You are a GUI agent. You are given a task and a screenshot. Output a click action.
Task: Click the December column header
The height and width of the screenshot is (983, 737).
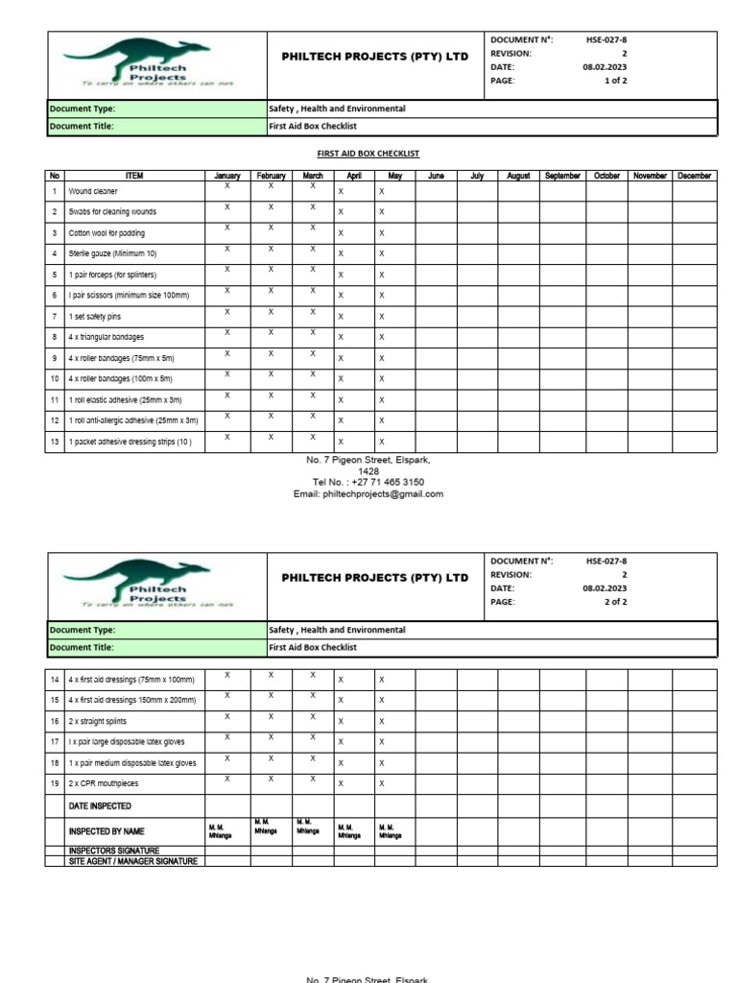[x=694, y=176]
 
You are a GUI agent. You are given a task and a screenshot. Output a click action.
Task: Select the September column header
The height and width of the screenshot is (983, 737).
[x=562, y=176]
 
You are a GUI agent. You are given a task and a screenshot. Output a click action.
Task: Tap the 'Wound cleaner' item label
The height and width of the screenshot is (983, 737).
[x=93, y=191]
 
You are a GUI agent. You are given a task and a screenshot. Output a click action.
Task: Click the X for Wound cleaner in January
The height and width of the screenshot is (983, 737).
[x=226, y=186]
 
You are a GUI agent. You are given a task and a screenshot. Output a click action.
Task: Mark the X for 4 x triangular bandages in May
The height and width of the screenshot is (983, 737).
[x=381, y=338]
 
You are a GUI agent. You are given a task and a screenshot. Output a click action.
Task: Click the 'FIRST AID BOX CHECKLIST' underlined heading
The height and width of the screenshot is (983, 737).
[x=368, y=154]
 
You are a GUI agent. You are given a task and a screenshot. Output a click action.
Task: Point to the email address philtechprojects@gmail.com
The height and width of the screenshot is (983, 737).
[x=368, y=493]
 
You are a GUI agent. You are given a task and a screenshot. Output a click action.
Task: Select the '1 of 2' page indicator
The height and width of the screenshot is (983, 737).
[x=614, y=82]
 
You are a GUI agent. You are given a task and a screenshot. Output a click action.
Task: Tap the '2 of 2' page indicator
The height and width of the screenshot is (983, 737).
[x=614, y=602]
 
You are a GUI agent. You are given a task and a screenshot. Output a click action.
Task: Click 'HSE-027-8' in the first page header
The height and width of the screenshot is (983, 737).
[x=606, y=40]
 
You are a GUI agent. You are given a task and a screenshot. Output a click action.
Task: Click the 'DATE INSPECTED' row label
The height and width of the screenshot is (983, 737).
[x=100, y=806]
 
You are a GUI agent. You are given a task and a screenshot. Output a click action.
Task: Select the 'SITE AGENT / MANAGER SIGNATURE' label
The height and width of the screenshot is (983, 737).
[x=132, y=861]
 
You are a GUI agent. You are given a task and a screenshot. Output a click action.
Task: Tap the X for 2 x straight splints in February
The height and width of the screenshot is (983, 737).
[x=271, y=716]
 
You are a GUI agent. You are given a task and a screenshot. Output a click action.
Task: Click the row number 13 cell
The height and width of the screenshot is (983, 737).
[x=55, y=443]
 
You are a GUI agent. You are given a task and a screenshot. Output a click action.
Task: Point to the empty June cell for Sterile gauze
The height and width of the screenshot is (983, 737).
[x=436, y=253]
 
